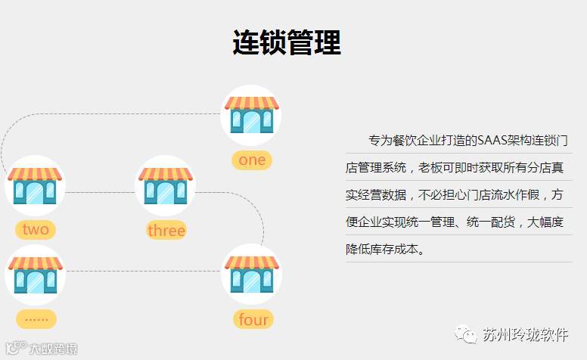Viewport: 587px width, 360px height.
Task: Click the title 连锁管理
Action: [286, 43]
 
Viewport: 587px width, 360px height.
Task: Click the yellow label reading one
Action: [252, 160]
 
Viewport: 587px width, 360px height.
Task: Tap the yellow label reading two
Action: [36, 230]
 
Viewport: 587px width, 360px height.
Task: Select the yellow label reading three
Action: [166, 230]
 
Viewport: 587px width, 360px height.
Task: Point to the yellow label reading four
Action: [253, 319]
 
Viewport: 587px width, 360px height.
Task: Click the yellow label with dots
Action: [36, 318]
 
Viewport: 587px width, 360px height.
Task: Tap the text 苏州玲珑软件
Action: [524, 334]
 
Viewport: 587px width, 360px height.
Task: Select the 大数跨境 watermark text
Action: [53, 349]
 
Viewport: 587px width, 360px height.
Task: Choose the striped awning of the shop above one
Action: [250, 103]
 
